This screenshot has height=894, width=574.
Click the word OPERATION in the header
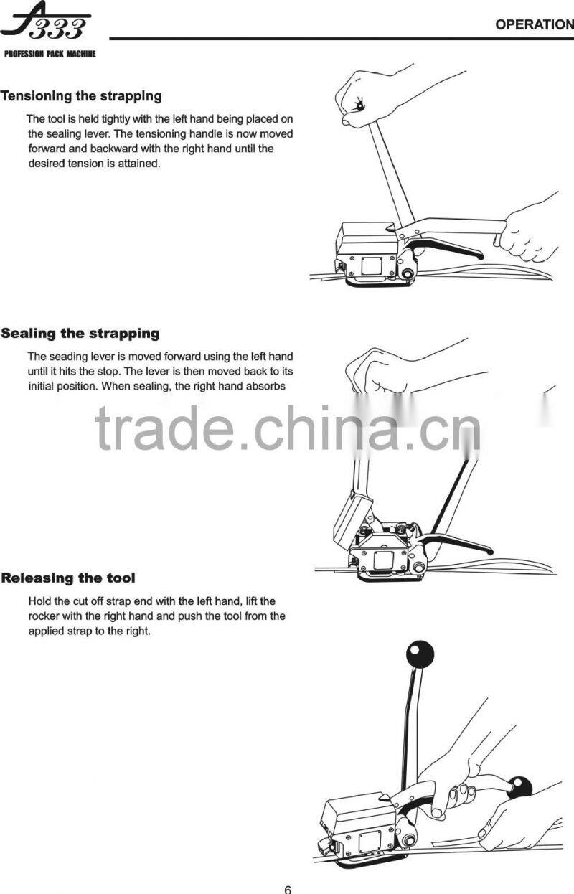(x=535, y=24)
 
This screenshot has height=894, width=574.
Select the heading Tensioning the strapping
(x=81, y=97)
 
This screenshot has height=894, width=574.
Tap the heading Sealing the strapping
(x=80, y=333)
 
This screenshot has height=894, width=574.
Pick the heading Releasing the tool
(x=68, y=578)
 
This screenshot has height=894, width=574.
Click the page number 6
(x=288, y=889)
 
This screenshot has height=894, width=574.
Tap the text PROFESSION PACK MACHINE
(x=50, y=54)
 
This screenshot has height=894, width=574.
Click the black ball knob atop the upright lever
(x=420, y=654)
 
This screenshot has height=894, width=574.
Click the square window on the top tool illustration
(x=372, y=265)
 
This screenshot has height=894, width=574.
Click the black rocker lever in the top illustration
(x=446, y=248)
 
